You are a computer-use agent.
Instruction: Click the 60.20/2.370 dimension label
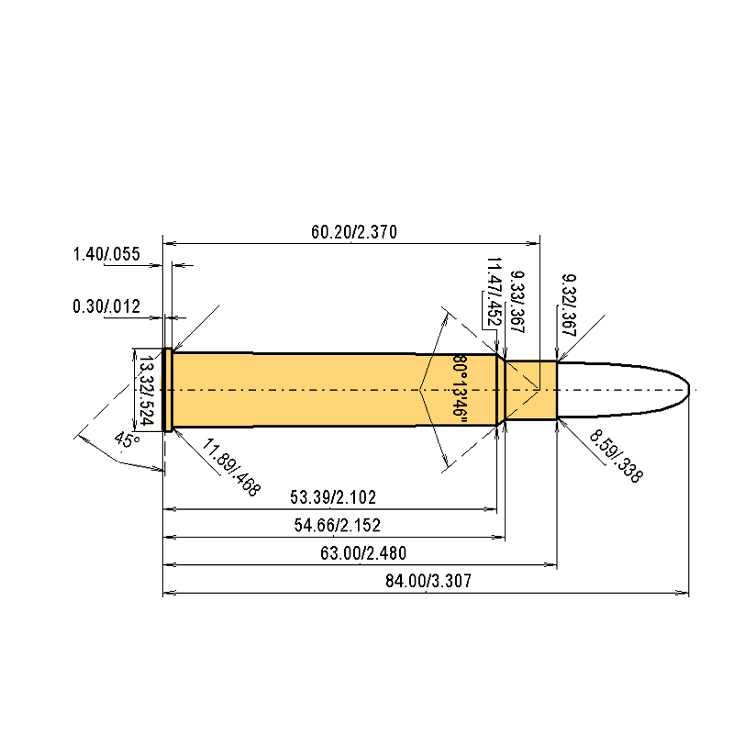(353, 232)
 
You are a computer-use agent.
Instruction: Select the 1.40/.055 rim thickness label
(106, 254)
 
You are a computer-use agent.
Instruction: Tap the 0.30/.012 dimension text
(106, 306)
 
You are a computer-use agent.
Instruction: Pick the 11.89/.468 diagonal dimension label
(232, 468)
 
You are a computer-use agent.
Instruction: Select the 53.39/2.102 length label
(332, 497)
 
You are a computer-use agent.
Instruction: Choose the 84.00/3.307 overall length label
(425, 582)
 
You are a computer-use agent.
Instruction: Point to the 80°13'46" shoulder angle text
(460, 387)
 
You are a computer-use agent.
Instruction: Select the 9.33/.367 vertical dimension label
(517, 298)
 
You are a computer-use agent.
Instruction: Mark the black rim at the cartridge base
(168, 390)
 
